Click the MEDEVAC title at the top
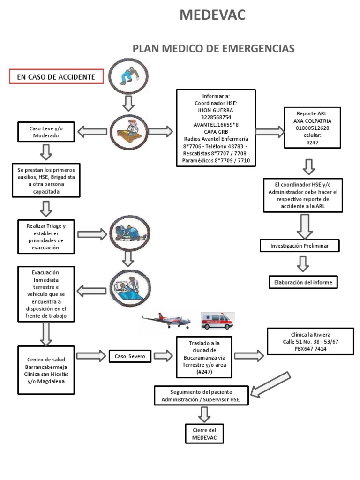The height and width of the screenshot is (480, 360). coord(212,15)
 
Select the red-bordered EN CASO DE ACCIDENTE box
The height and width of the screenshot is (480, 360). coord(56,77)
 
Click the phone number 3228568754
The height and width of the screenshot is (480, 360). coord(216,117)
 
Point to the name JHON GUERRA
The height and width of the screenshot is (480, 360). coord(216,110)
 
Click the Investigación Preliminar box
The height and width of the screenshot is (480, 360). coord(299,246)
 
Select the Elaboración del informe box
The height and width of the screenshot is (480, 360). coord(303,282)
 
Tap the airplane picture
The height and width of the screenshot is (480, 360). coord(166,321)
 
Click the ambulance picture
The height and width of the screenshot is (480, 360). coord(217,322)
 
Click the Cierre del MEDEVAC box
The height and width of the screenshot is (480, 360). coord(204,434)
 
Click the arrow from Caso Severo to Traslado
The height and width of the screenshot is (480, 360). coord(163,356)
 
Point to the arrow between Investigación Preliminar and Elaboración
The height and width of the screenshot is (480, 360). coord(303,264)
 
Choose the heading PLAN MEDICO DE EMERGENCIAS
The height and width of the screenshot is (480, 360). coord(214,49)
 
